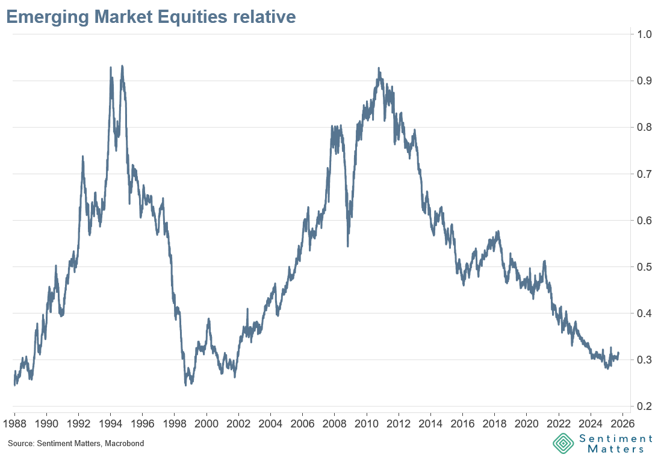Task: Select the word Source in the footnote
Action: [x=19, y=444]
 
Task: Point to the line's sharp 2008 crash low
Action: [x=348, y=246]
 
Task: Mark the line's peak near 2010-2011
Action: [x=379, y=68]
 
